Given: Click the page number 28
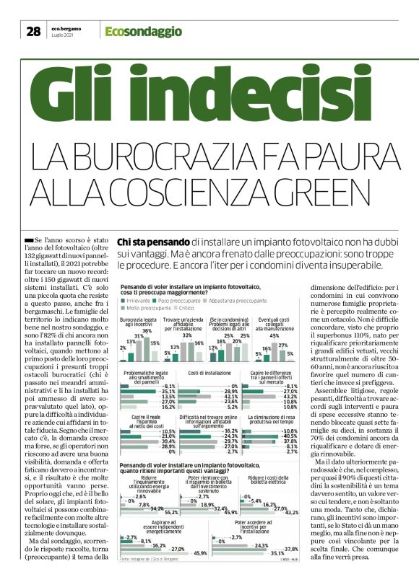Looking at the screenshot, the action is click(x=33, y=31).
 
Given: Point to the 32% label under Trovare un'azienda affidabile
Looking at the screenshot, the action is click(x=186, y=315).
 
